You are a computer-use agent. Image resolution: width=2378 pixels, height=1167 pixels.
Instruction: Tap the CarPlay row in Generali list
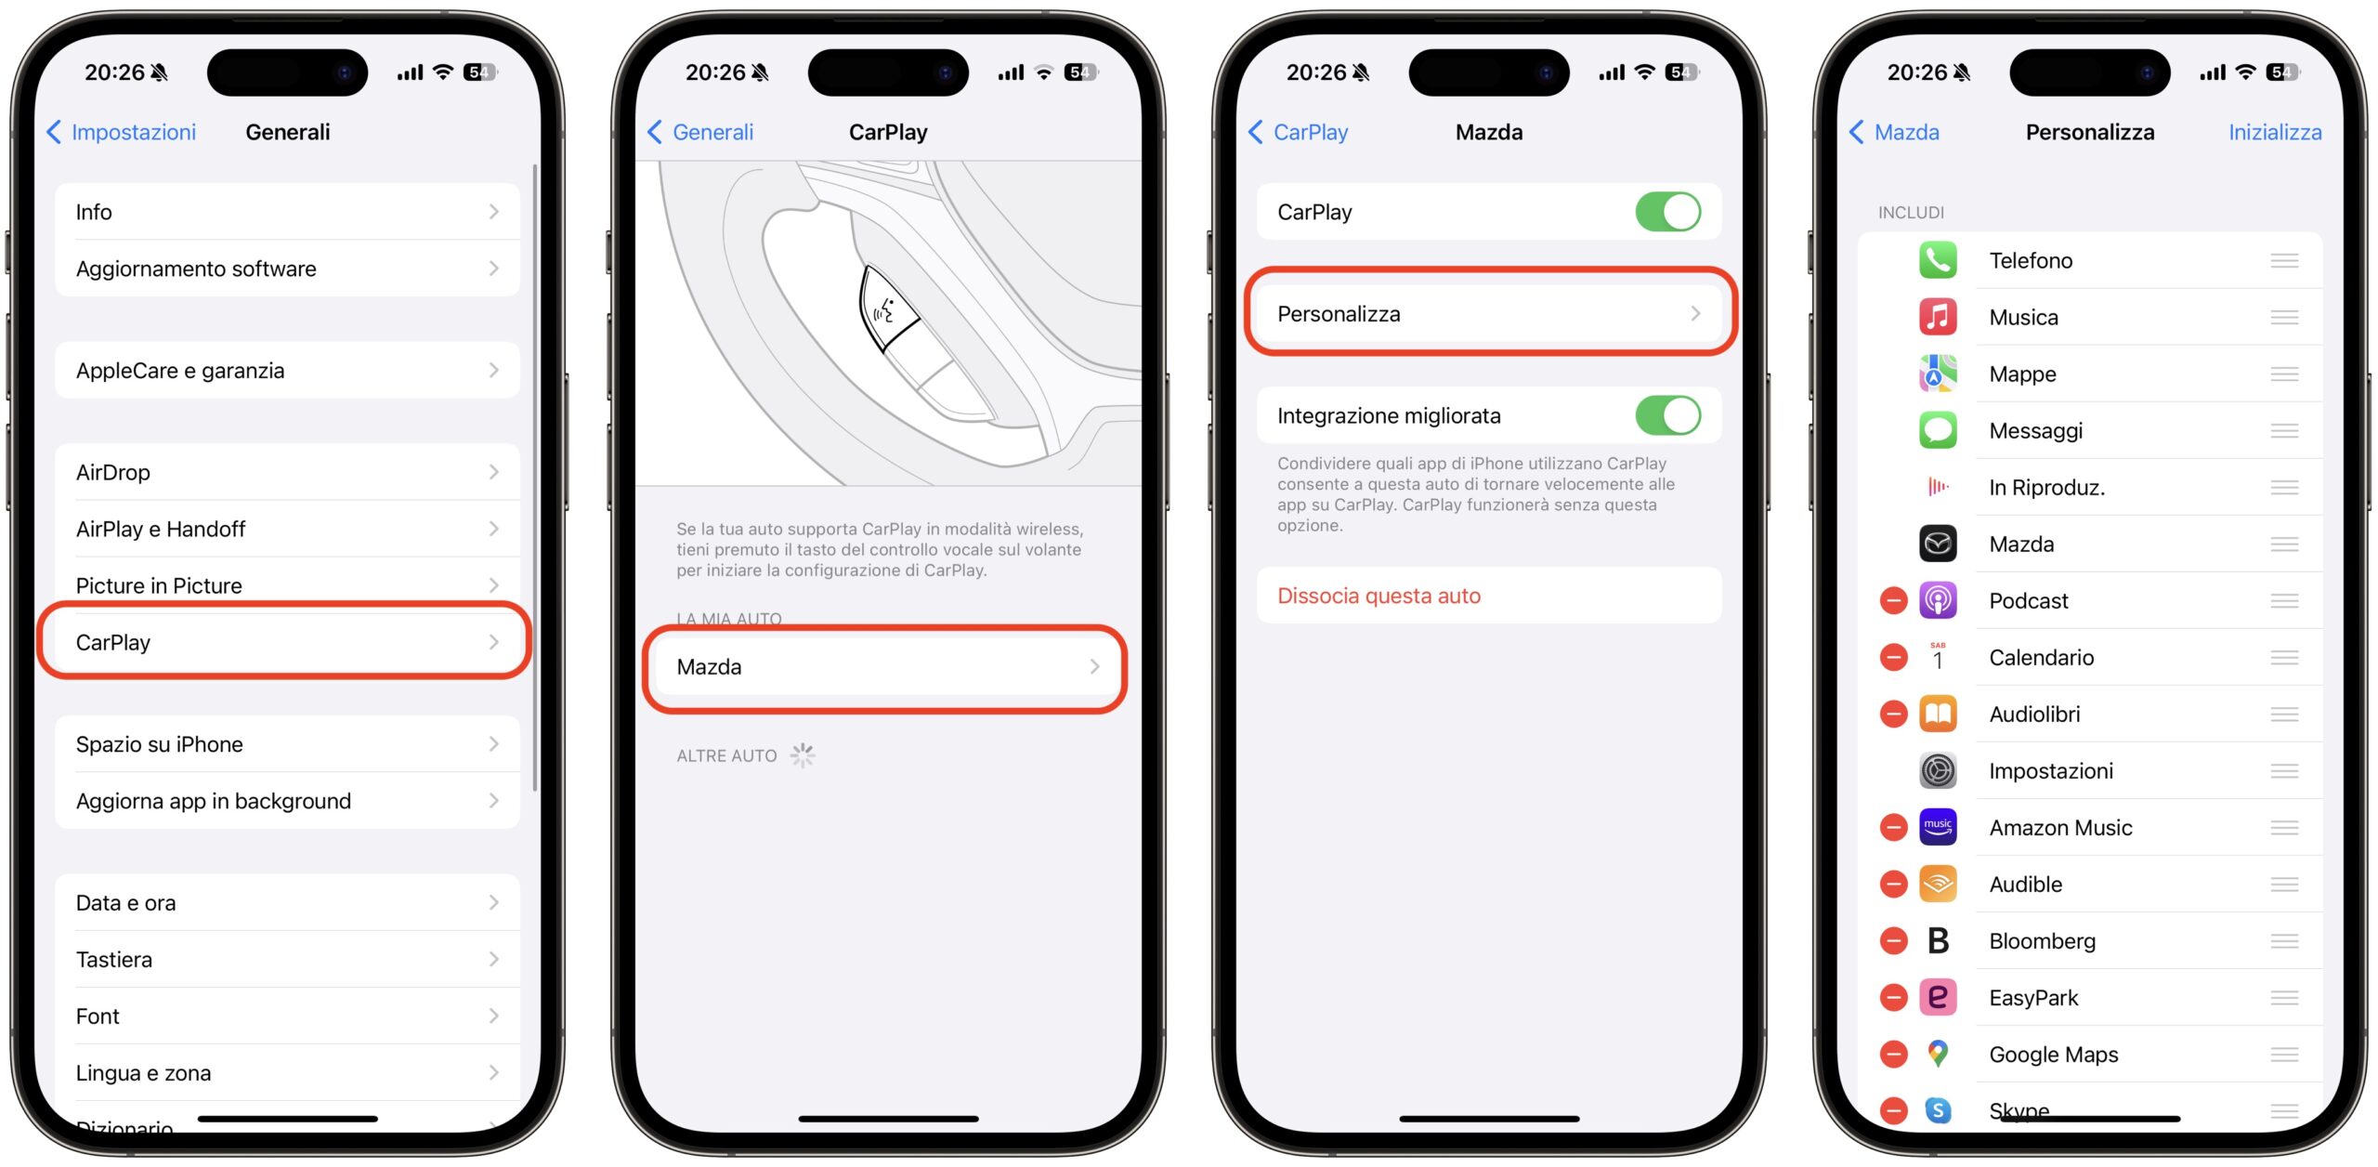287,642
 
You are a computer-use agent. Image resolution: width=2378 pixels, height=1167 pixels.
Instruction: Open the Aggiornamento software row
287,269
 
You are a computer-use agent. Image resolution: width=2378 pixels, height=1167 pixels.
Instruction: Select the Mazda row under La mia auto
887,667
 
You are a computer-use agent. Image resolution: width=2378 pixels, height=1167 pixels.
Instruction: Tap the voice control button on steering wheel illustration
888,309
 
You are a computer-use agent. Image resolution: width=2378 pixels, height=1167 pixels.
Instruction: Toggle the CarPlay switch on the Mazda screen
1668,212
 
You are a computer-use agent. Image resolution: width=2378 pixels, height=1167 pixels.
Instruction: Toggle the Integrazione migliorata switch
1668,415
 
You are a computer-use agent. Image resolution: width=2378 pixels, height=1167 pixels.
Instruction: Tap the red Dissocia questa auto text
1378,596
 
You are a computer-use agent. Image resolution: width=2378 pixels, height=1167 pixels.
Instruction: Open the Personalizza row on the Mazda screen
1489,314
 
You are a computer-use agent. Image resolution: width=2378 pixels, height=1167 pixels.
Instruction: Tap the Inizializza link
2275,132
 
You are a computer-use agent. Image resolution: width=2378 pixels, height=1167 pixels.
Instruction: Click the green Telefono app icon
1938,260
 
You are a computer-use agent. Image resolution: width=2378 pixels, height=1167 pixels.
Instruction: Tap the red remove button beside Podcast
1893,601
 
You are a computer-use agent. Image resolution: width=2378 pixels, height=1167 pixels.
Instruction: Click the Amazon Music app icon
1938,827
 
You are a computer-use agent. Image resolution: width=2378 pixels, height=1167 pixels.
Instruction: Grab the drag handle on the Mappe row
2284,374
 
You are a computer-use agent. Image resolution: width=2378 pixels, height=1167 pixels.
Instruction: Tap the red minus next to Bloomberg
1893,941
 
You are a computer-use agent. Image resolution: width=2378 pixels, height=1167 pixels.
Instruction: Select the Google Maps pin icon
1938,1054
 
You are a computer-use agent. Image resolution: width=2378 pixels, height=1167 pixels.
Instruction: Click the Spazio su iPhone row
287,744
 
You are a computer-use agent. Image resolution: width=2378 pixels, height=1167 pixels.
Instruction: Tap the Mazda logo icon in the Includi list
1938,544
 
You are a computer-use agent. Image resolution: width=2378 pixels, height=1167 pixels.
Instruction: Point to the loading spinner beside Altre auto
803,755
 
